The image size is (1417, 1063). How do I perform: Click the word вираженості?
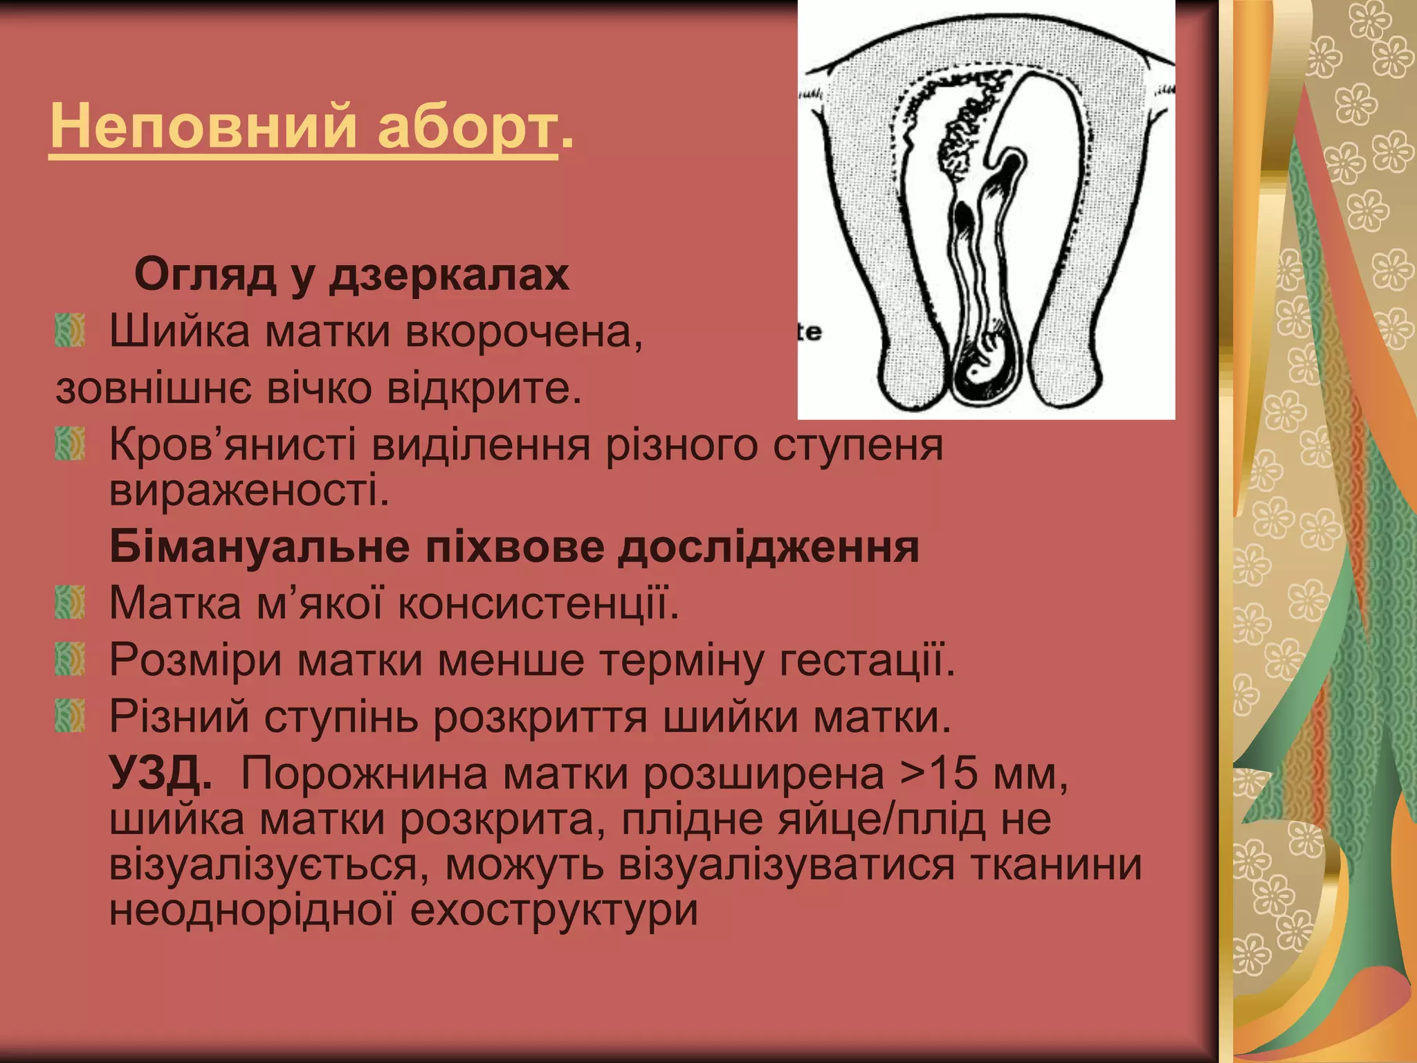coord(249,491)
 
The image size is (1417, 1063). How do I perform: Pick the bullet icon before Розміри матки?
coord(70,658)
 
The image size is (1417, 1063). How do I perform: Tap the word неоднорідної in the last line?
coord(252,910)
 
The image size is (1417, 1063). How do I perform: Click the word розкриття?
coord(540,717)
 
